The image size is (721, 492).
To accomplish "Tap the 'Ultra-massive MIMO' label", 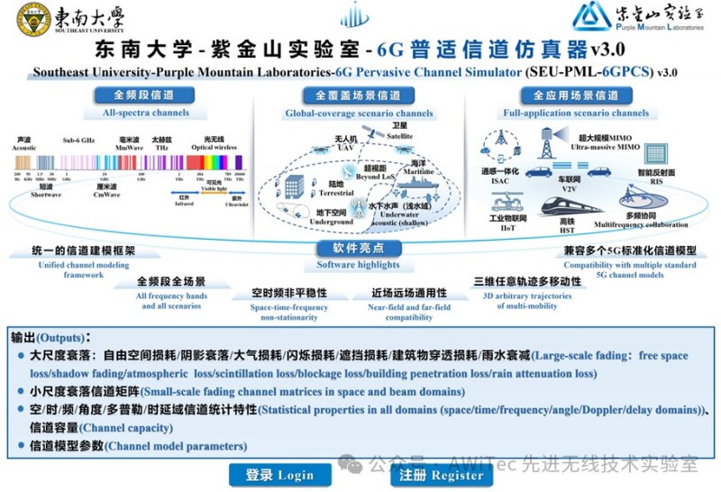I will tap(604, 145).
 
